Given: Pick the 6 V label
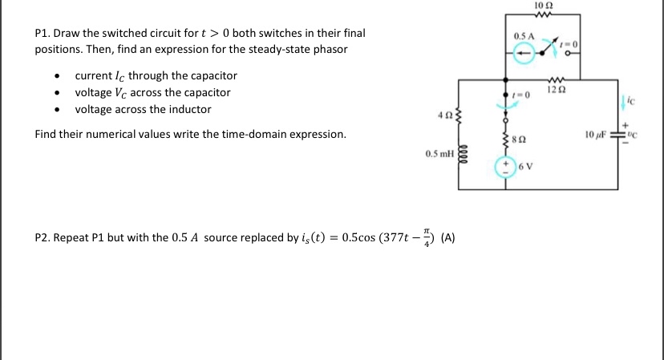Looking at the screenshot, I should pos(526,166).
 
